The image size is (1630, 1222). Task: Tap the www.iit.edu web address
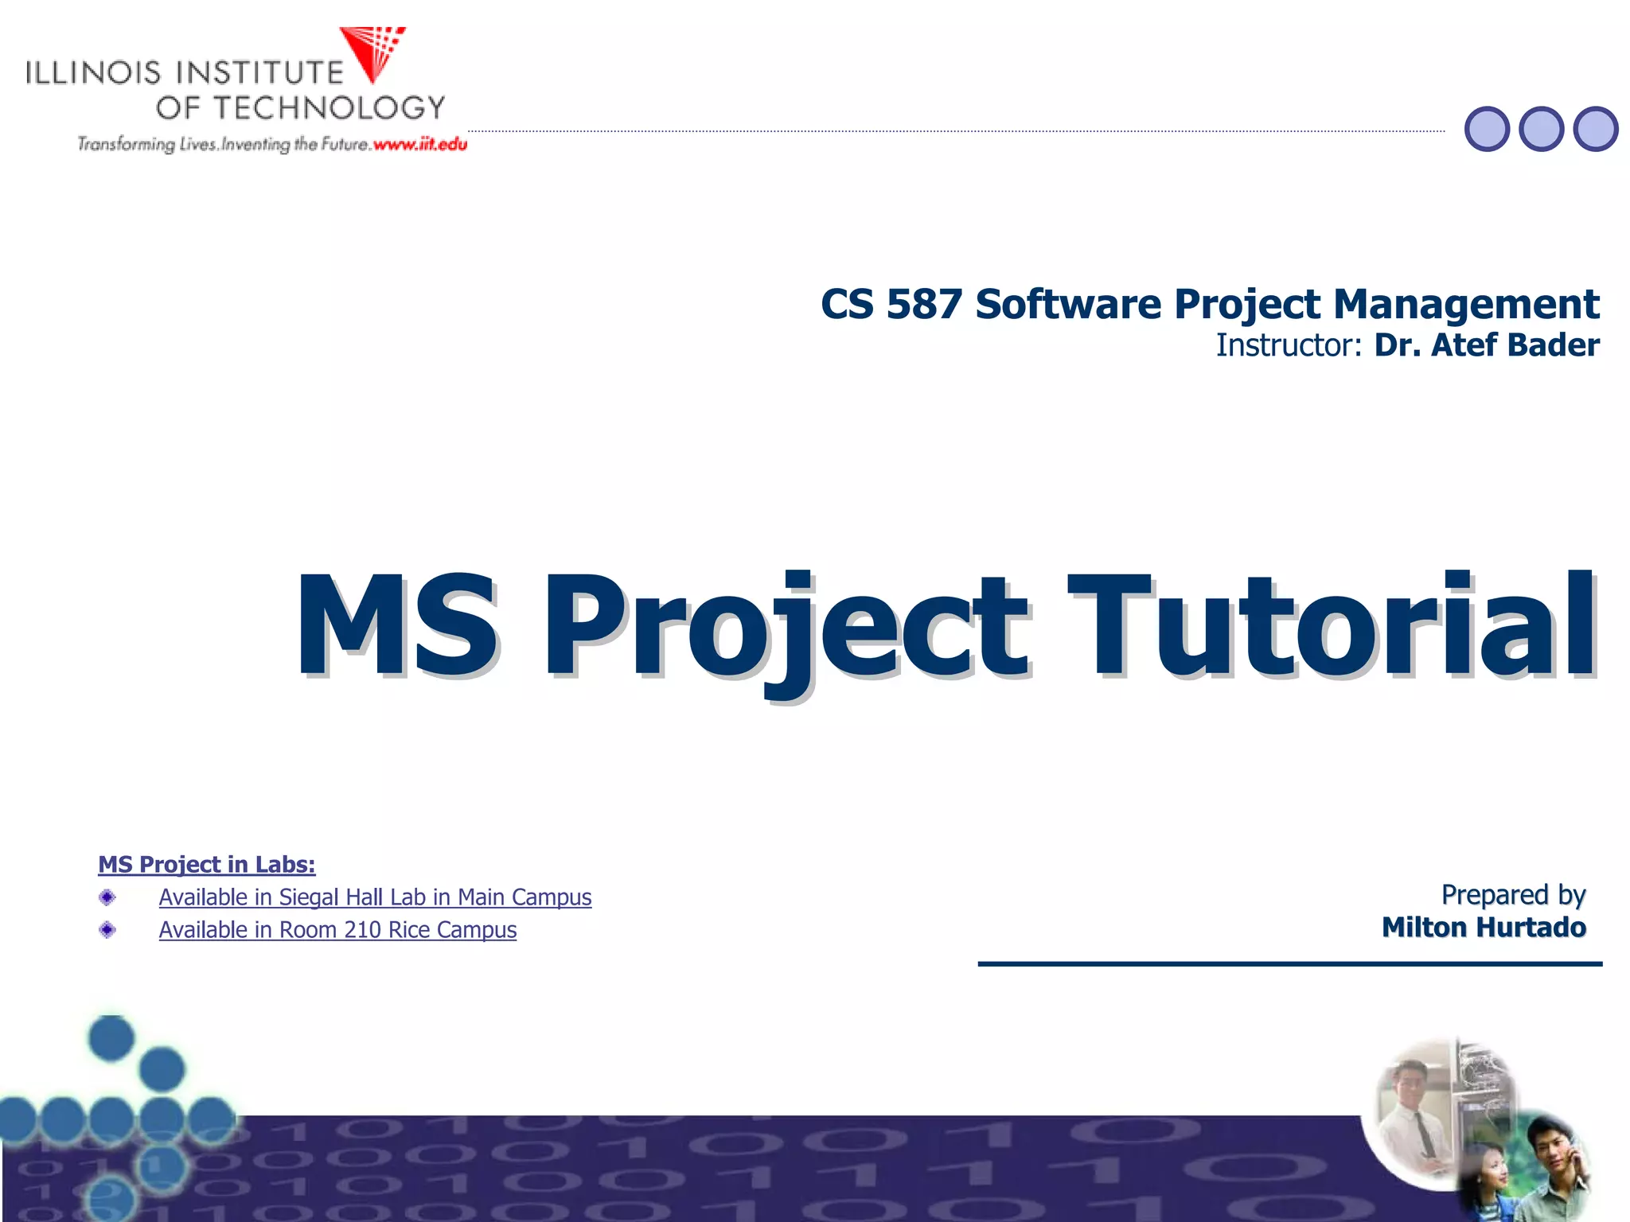pyautogui.click(x=419, y=145)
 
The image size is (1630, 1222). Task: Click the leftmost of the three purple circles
pyautogui.click(x=1487, y=129)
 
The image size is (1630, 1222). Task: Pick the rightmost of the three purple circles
pyautogui.click(x=1596, y=129)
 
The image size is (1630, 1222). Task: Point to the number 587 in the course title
pyautogui.click(x=923, y=305)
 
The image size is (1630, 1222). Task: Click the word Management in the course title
pyautogui.click(x=1466, y=305)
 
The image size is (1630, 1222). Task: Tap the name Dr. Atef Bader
pyautogui.click(x=1487, y=346)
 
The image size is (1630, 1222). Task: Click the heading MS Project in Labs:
pyautogui.click(x=207, y=865)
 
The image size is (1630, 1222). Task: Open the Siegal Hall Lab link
pyautogui.click(x=375, y=897)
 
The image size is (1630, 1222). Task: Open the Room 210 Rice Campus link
pyautogui.click(x=337, y=930)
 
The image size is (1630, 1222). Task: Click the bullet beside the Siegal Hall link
pyautogui.click(x=107, y=898)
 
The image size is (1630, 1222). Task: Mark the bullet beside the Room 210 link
pyautogui.click(x=107, y=930)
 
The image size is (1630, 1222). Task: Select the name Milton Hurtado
pyautogui.click(x=1484, y=928)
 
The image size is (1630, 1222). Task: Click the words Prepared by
pyautogui.click(x=1513, y=895)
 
